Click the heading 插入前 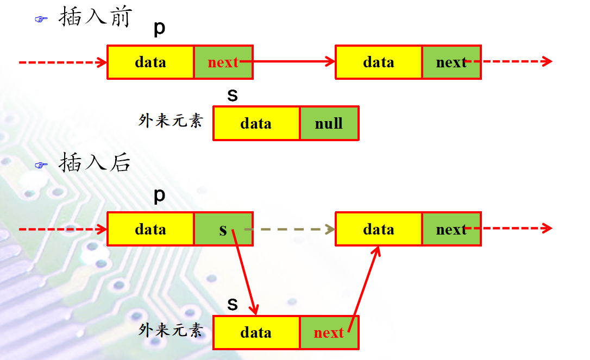pos(95,18)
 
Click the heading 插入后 pos(95,162)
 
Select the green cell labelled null pos(329,123)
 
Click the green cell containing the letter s pos(223,230)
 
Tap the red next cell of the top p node pos(223,62)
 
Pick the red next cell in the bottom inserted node pos(329,332)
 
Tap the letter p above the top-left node pos(159,29)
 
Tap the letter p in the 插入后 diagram pos(159,195)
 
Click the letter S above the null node pos(233,95)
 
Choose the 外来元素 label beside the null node pos(171,121)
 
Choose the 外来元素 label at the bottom pos(171,330)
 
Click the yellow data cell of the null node pos(256,123)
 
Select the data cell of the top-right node pos(379,62)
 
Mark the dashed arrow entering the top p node pos(62,62)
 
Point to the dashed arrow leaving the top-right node pos(516,61)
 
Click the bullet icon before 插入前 pos(41,20)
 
